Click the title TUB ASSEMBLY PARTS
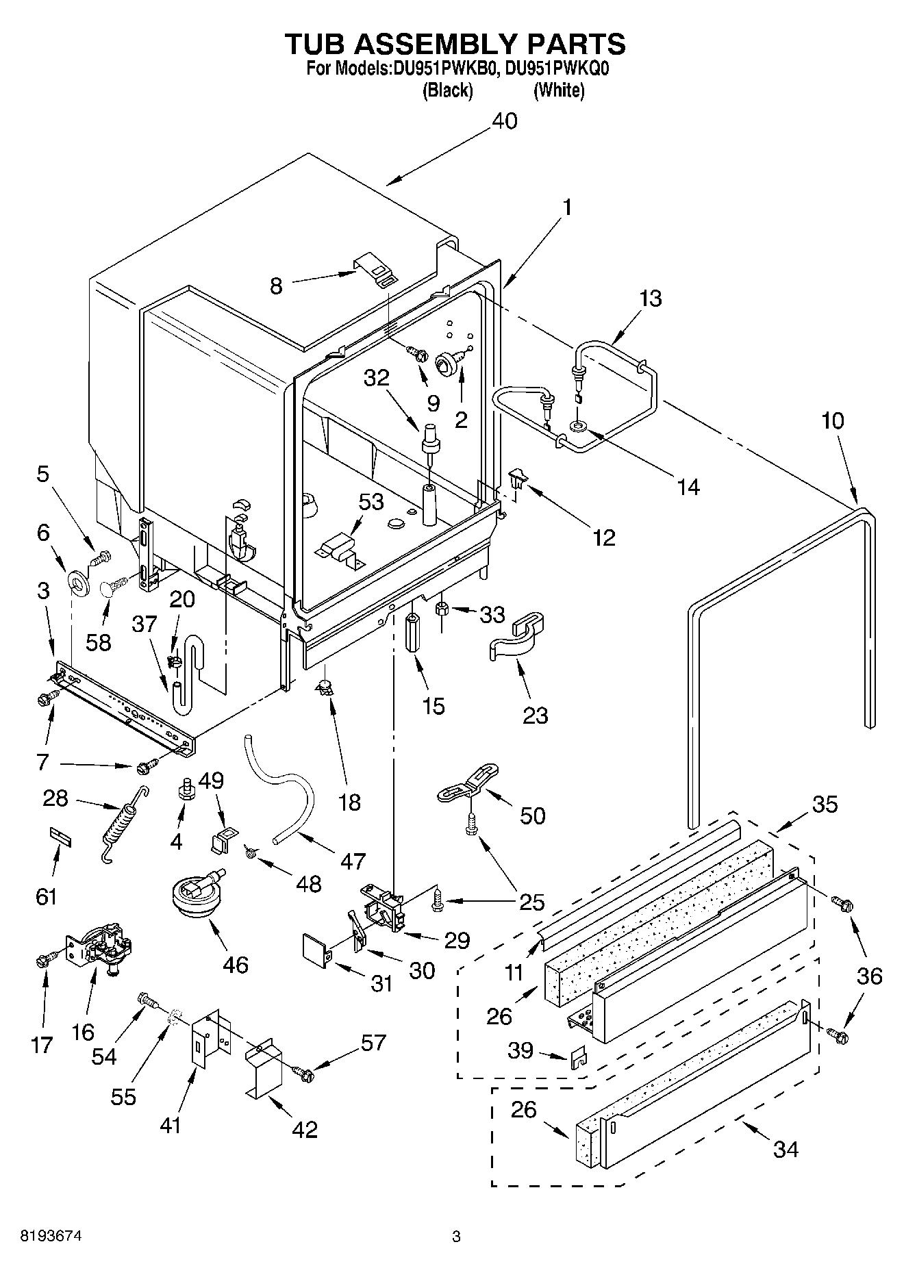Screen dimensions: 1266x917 tap(455, 44)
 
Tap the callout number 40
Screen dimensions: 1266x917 tap(505, 121)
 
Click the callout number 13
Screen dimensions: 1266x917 tap(651, 299)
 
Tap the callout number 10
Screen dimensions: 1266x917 tap(833, 420)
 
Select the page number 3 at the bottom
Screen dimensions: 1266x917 tap(456, 1237)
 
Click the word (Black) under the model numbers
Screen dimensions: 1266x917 tap(448, 90)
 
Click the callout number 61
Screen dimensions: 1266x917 tap(46, 896)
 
